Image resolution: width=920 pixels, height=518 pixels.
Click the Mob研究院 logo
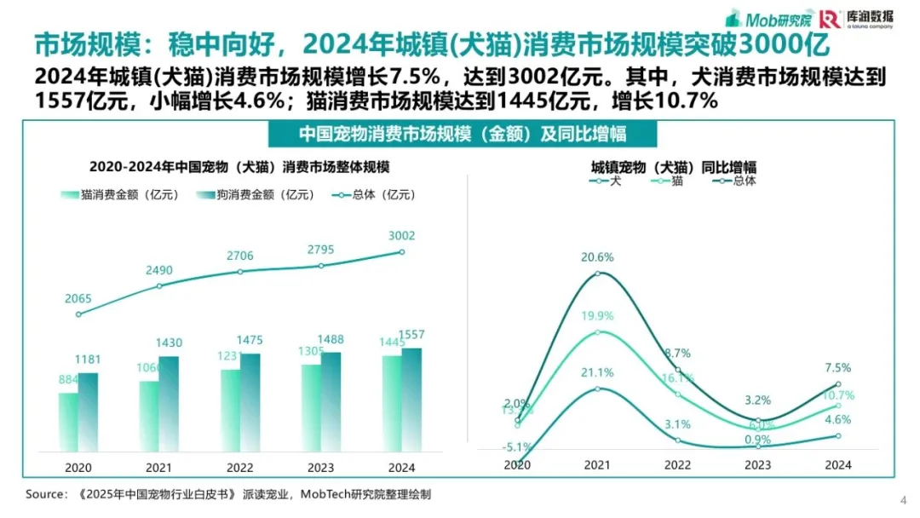[x=768, y=19]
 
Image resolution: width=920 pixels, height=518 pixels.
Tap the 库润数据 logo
[x=857, y=19]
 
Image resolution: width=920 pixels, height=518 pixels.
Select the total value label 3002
[x=402, y=236]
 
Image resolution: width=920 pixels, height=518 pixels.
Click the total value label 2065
[x=78, y=299]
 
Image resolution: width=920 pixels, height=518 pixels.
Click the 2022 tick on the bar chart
[x=239, y=467]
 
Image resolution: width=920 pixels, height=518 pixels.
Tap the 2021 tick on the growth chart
[x=598, y=465]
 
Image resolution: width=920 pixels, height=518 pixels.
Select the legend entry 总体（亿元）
[x=373, y=195]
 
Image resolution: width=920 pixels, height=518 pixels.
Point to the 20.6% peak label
[x=598, y=257]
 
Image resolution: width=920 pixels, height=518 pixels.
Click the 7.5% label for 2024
[x=838, y=368]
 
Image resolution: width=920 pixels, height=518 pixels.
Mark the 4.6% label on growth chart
[x=838, y=419]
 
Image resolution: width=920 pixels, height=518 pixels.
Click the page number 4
[x=903, y=499]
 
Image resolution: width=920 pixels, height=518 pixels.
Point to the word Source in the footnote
[x=45, y=494]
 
